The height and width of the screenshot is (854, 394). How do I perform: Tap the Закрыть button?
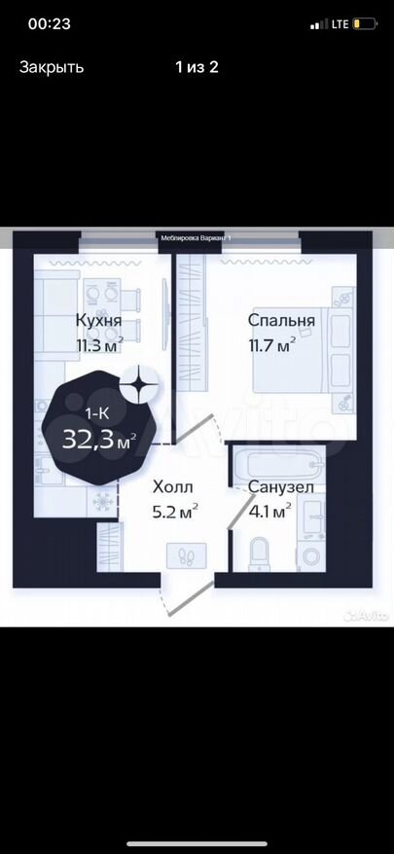[52, 67]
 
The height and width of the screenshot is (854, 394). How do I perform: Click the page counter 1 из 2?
[197, 67]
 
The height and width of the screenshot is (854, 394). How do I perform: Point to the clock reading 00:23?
[49, 24]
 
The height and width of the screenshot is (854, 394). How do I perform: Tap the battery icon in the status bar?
[364, 24]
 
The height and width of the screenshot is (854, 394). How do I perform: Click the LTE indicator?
[340, 24]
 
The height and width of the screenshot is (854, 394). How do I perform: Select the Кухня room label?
[98, 321]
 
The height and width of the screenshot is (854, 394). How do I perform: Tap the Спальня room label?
[281, 320]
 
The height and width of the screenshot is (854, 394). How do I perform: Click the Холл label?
[173, 486]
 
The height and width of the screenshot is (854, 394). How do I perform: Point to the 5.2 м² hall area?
[175, 512]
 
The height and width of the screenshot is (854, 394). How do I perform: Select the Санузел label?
[280, 486]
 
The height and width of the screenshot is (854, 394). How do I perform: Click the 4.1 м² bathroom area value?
[269, 512]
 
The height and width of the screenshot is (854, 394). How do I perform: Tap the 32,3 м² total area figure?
[98, 439]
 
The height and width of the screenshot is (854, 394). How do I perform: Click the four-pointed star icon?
[139, 384]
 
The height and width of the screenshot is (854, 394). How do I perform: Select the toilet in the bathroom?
[259, 552]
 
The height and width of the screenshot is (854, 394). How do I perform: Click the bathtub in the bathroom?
[281, 465]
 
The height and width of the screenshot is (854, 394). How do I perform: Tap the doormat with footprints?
[187, 554]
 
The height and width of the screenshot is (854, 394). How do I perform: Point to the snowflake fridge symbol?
[102, 501]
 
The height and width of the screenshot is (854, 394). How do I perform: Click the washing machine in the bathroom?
[311, 556]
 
